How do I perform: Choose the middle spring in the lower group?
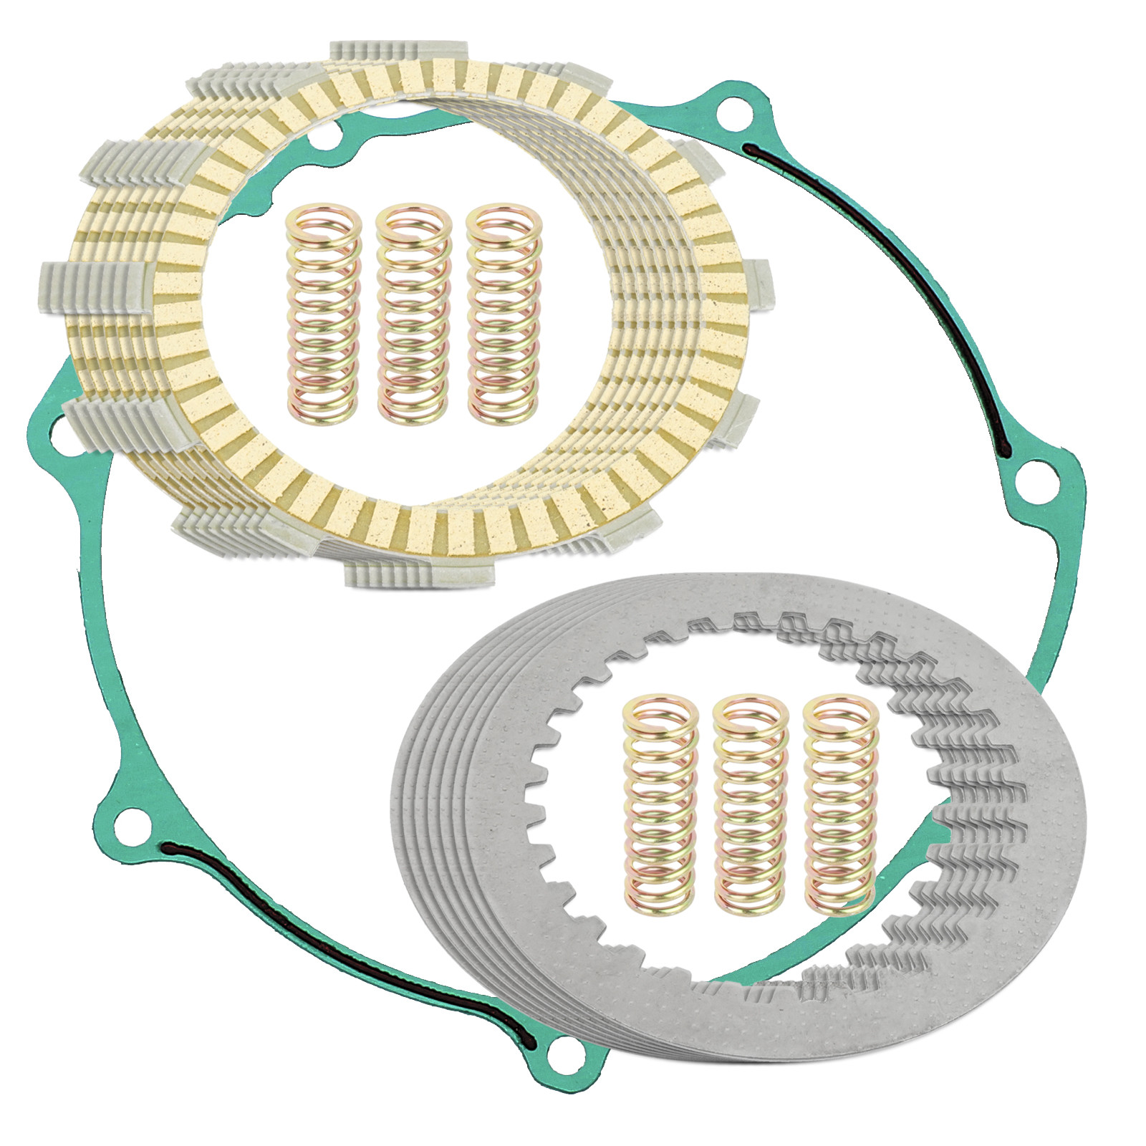[751, 804]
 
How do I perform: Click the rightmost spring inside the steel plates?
[839, 804]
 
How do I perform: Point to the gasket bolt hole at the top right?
[730, 112]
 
